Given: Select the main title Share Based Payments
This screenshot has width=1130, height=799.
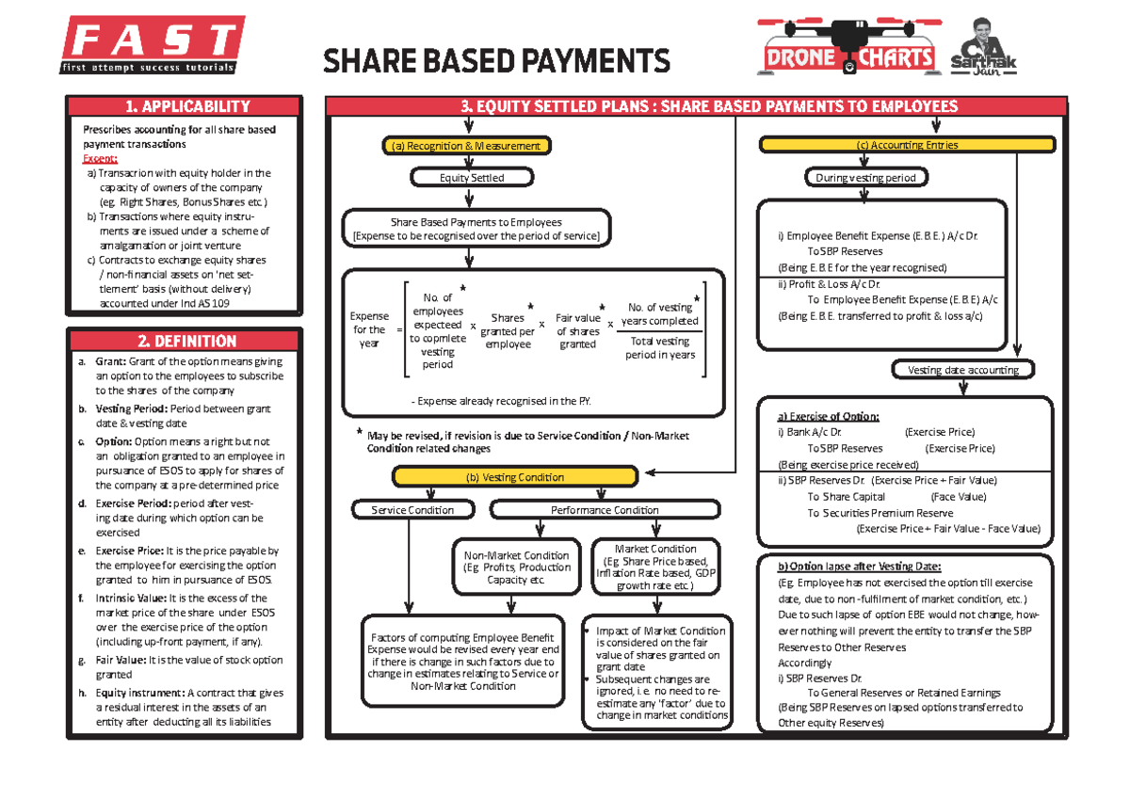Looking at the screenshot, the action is tap(496, 62).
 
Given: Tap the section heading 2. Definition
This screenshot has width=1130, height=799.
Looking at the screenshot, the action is tap(186, 341).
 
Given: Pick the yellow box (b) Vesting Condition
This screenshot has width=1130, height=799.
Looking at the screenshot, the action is tap(515, 477).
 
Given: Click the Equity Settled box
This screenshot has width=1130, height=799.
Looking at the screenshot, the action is tap(472, 177).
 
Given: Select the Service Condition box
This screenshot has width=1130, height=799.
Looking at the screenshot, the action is tap(412, 510).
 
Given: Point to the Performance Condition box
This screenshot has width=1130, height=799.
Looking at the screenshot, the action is tap(604, 510).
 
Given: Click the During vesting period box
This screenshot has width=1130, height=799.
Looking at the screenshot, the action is tap(865, 177).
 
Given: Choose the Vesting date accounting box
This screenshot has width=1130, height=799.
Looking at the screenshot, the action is tap(962, 370).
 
